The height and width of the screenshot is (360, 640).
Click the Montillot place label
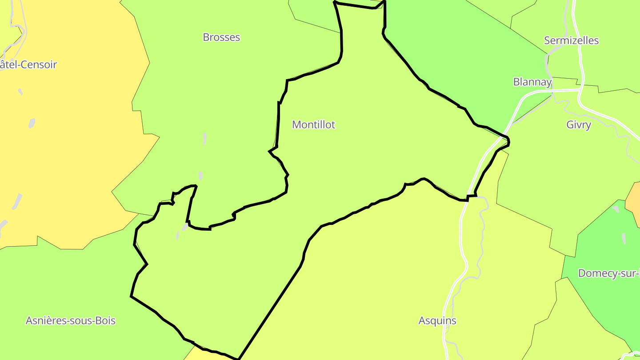tap(313, 125)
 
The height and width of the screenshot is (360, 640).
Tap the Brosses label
tap(221, 37)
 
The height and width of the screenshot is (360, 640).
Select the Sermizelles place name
tap(571, 41)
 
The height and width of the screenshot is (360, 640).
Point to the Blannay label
tap(532, 82)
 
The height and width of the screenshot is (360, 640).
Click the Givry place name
tap(579, 125)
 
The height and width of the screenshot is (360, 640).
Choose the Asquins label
tap(437, 320)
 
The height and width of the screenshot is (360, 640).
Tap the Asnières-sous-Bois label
tap(71, 320)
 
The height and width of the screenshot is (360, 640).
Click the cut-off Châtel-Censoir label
tap(28, 65)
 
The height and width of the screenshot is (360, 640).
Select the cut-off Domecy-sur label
tap(608, 273)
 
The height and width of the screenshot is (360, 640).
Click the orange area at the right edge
tap(634, 198)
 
